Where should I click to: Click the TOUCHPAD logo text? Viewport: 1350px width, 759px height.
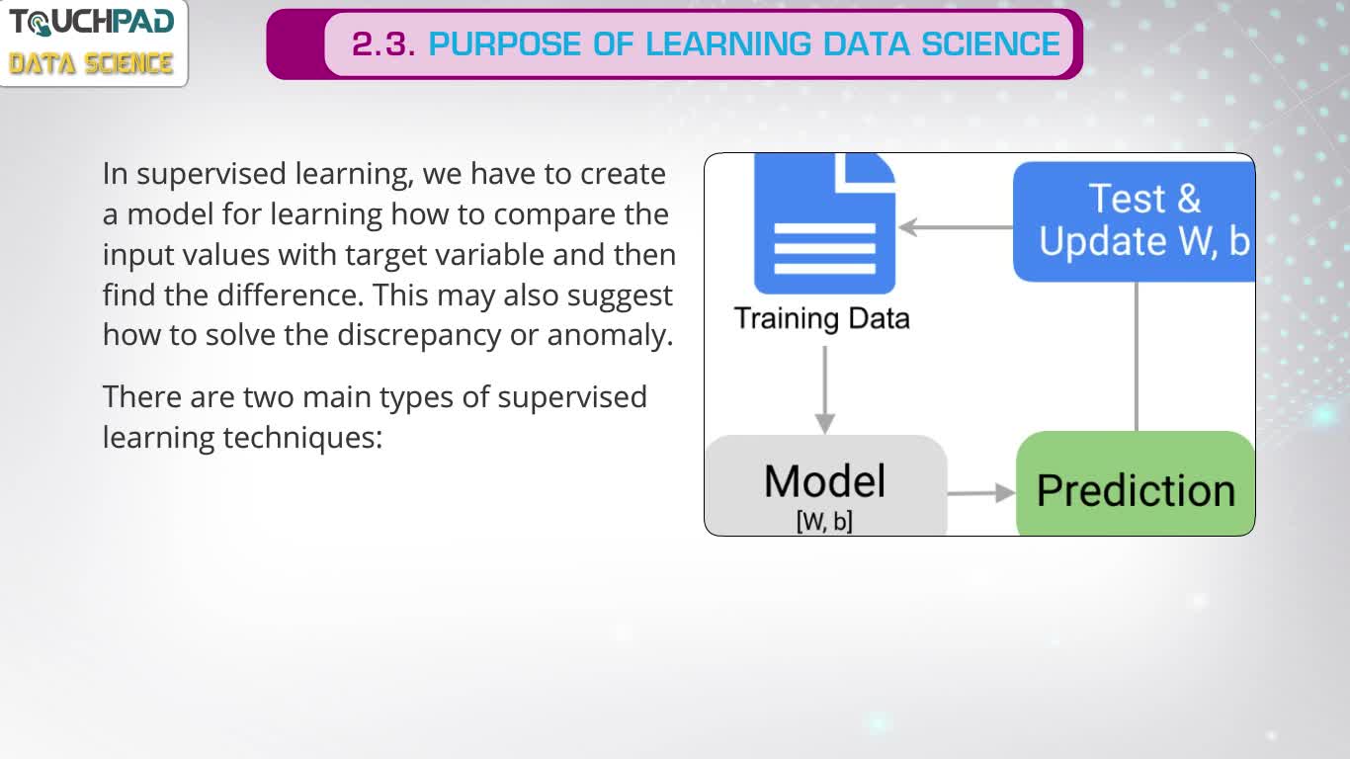92,22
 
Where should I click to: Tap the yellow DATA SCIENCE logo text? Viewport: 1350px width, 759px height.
91,63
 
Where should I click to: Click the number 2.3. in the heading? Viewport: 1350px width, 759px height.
383,44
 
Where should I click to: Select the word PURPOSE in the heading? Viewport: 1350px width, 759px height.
506,44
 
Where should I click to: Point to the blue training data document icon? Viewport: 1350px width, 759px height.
824,223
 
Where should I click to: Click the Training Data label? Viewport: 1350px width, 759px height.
822,318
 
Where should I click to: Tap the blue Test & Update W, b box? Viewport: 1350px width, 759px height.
1135,221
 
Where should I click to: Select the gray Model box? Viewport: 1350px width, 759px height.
825,485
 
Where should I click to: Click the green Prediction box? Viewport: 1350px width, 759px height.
1136,483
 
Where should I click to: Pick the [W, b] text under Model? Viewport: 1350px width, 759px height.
824,522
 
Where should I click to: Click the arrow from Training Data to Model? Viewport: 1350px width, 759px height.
824,389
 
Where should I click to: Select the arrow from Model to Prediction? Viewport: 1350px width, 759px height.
981,493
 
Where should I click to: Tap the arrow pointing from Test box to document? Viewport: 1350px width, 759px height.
956,227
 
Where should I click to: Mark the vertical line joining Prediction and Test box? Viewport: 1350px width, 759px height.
1137,357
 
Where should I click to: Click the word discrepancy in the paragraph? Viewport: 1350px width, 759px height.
419,335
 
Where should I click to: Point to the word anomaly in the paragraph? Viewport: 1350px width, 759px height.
610,335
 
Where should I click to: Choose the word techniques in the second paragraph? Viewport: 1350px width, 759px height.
302,438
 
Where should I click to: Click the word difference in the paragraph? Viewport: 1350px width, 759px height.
291,295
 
